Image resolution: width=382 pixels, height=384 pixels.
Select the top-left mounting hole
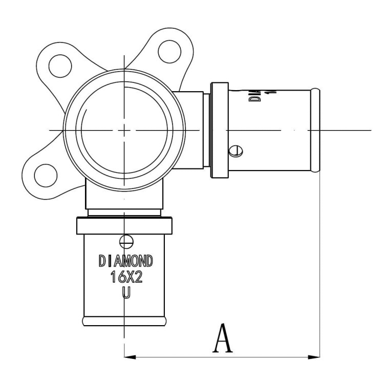click(55, 62)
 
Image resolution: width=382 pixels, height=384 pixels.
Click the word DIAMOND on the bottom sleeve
click(125, 260)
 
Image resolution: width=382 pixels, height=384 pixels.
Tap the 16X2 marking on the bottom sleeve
click(125, 277)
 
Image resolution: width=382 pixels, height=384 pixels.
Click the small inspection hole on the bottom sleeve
click(125, 240)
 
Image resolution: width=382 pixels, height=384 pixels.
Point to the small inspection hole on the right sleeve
click(235, 151)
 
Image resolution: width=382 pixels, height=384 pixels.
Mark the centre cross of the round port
click(124, 130)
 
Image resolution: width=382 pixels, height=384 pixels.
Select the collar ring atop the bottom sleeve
click(124, 225)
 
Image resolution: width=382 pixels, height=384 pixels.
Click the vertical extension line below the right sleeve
click(320, 266)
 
